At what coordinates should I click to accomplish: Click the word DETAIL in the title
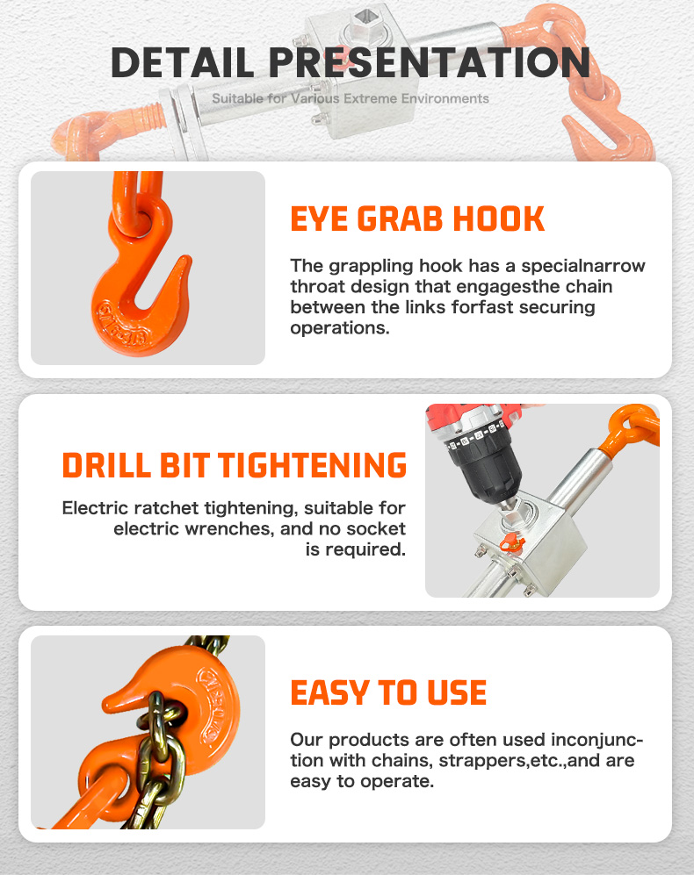pos(184,62)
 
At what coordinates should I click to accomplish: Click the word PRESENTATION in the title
pos(430,62)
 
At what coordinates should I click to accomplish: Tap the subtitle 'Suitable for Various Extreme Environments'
pos(351,99)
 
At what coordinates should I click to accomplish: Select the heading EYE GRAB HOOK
pos(417,219)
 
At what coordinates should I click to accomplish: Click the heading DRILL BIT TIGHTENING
pos(235,465)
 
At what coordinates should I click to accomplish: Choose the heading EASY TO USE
pos(388,692)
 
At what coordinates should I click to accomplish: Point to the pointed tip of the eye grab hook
pos(186,259)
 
